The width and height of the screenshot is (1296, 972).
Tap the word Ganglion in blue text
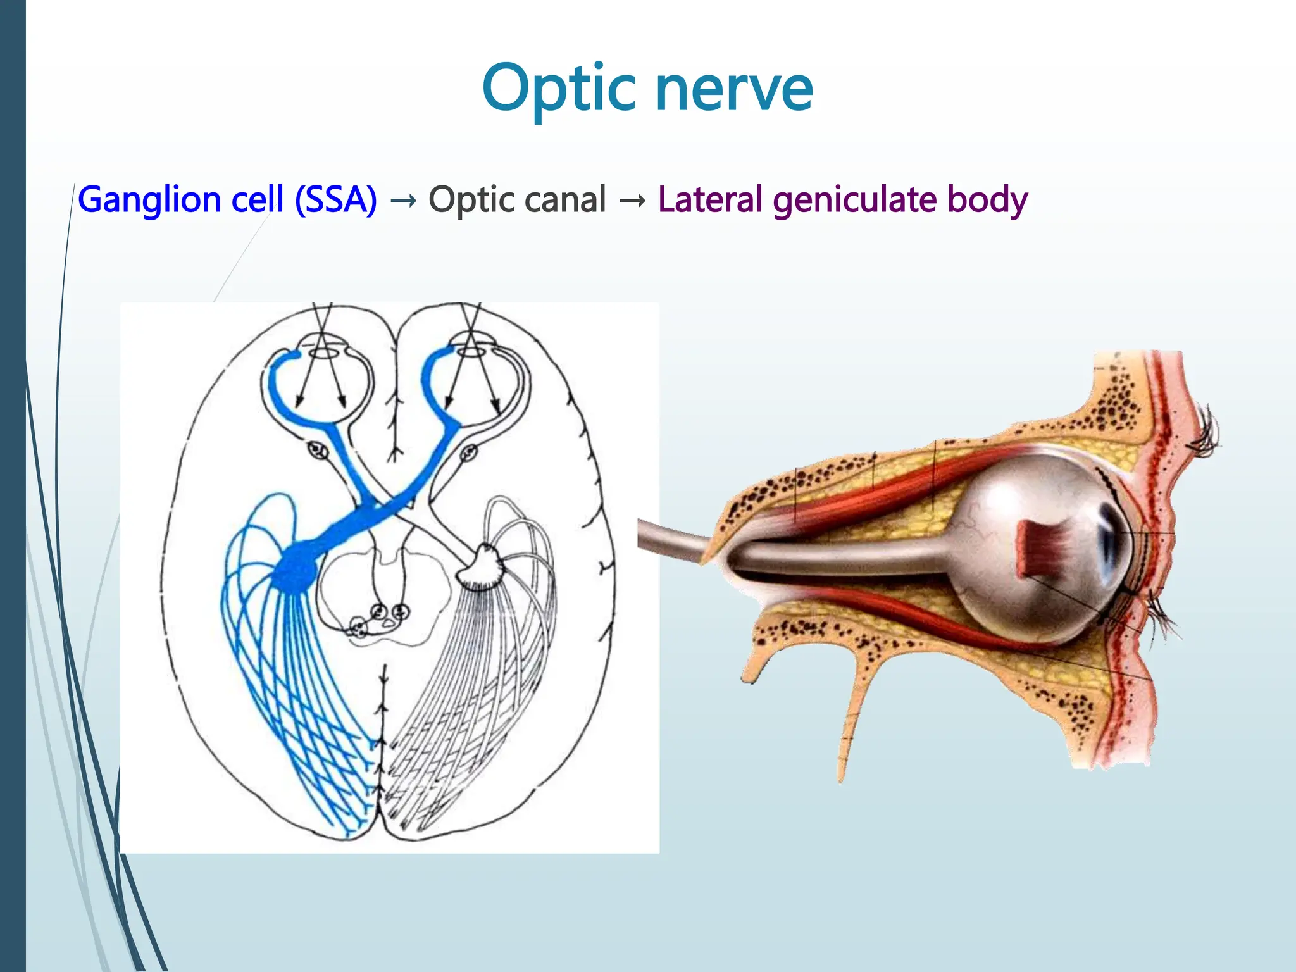point(149,200)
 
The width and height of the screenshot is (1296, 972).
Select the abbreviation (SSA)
point(336,200)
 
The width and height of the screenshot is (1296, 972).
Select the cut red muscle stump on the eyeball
point(1041,548)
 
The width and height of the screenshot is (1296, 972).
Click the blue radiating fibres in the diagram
point(285,683)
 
